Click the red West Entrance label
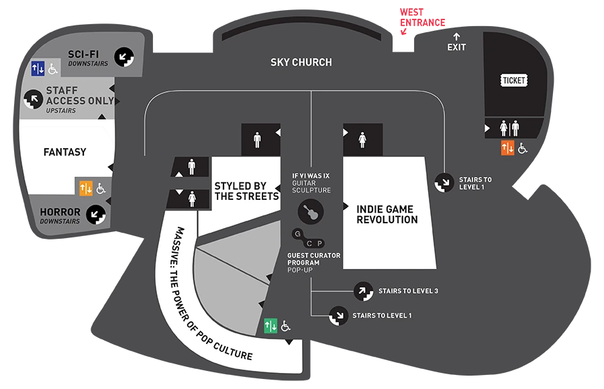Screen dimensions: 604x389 422,17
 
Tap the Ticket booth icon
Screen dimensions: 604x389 514,80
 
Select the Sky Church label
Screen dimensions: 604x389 301,62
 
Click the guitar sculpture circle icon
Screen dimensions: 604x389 311,211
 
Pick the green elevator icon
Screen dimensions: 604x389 270,325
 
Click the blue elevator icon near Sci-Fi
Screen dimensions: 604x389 38,68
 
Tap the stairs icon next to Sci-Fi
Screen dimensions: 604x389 124,57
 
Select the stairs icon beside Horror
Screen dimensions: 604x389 96,215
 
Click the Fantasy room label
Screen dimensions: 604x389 64,152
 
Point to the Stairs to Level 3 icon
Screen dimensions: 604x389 363,291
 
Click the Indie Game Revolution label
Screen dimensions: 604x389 387,215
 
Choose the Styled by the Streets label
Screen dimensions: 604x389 246,191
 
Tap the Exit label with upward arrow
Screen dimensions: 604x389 456,42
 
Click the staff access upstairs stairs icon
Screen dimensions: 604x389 33,99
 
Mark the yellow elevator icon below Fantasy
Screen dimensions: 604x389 85,188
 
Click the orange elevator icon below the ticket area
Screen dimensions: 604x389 508,148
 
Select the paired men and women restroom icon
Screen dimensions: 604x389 509,128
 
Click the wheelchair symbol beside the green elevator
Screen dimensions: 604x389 285,326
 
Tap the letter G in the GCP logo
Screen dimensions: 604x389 297,233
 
